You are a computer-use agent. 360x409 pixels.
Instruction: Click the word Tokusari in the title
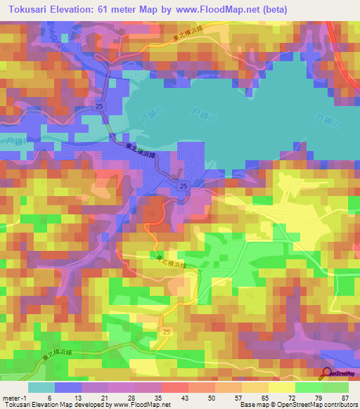click(27, 9)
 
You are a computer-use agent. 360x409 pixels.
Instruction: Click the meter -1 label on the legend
click(13, 397)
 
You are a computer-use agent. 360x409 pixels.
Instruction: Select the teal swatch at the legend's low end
click(41, 387)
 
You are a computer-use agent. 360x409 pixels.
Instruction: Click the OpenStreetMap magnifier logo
click(327, 373)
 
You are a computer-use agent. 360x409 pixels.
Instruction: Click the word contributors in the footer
click(337, 405)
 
